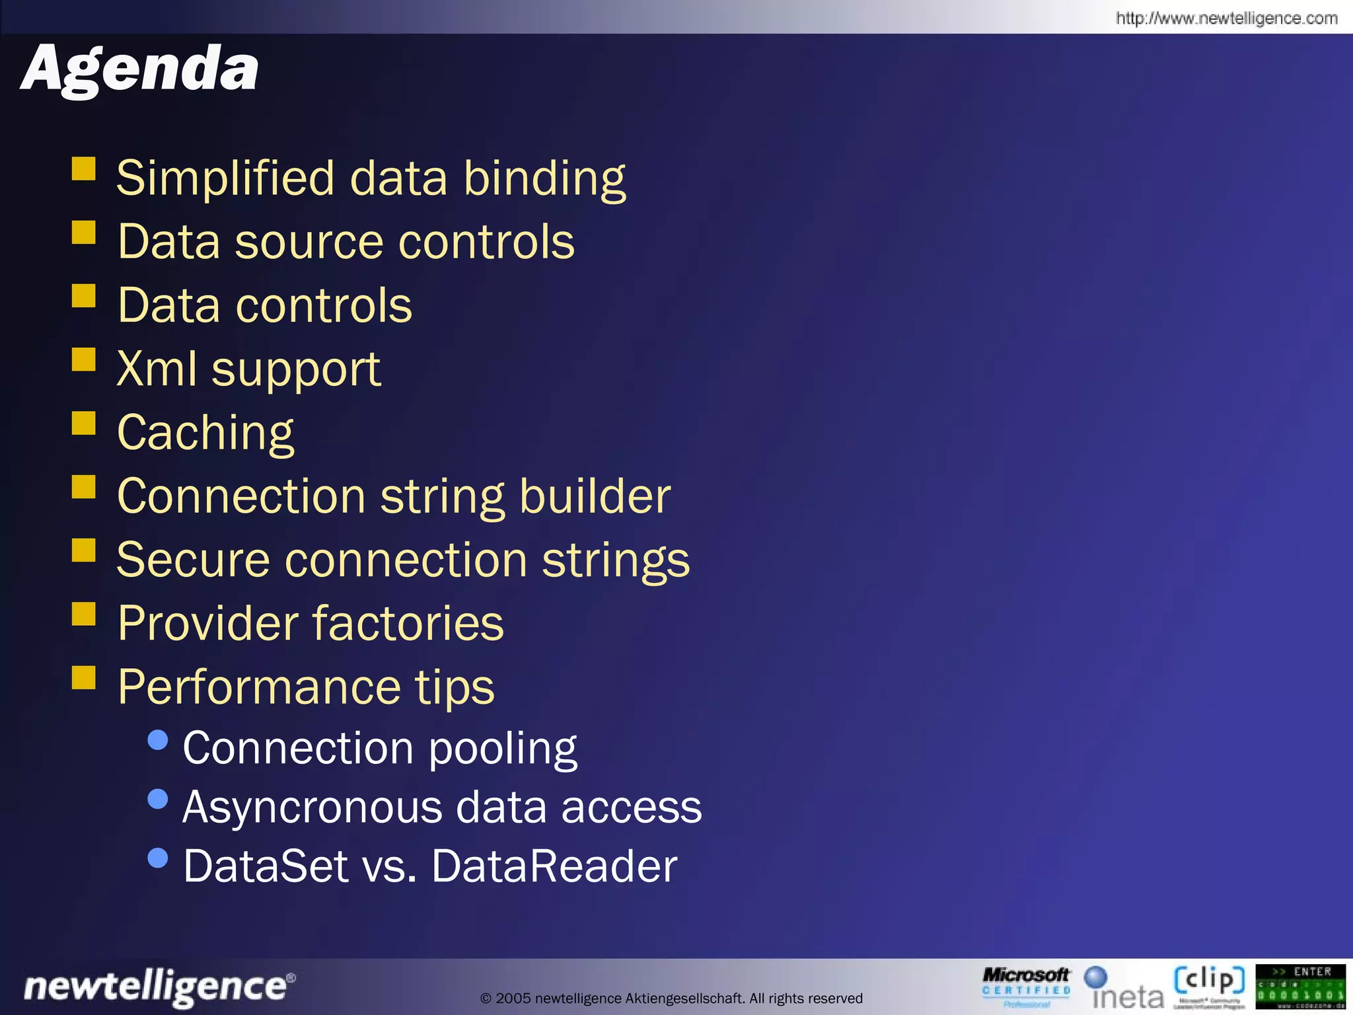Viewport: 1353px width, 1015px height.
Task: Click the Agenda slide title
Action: [140, 70]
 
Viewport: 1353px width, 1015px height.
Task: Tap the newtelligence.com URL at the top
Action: [1226, 18]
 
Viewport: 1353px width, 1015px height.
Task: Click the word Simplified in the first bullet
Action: [225, 178]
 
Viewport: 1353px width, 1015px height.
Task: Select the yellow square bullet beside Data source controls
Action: [84, 233]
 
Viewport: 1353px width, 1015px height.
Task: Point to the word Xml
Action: [157, 369]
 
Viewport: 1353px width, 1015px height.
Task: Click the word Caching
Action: [205, 433]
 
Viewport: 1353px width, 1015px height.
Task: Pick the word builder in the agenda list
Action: [595, 496]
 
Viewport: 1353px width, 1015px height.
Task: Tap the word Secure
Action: [193, 560]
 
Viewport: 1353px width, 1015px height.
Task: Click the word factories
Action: [408, 623]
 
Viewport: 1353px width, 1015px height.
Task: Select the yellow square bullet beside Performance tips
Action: [84, 677]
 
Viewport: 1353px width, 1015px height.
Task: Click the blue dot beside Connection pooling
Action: [158, 740]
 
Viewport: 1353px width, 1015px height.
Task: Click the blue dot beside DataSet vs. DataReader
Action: [158, 858]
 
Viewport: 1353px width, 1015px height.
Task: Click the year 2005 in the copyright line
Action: [513, 998]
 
